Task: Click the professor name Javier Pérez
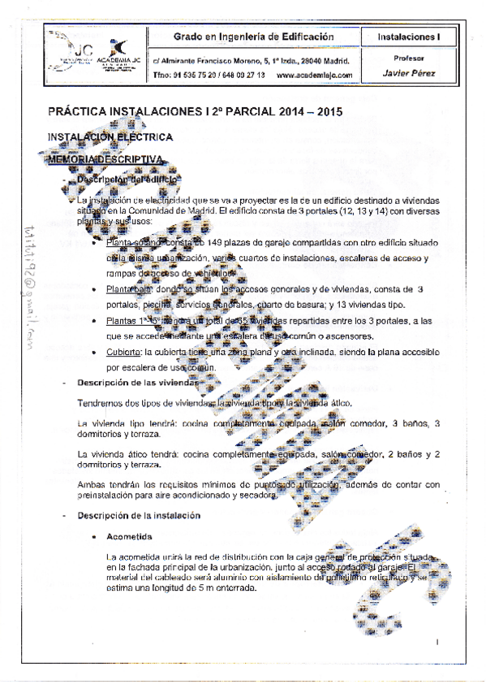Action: click(x=408, y=73)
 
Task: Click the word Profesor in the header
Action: click(x=408, y=58)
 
